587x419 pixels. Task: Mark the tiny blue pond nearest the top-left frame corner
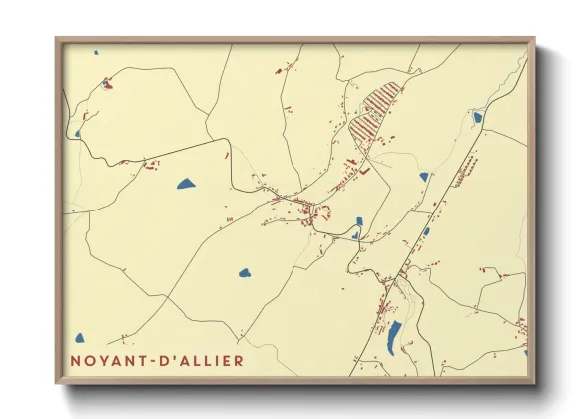coord(96,53)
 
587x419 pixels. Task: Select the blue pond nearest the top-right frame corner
coord(477,117)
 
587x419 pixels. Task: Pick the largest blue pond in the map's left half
coord(186,184)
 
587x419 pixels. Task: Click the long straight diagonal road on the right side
coord(439,200)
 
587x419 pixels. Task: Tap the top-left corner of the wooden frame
coord(57,39)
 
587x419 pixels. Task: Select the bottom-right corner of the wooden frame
coord(533,382)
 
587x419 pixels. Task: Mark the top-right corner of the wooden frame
coord(533,39)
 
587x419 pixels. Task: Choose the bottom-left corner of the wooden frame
coord(57,382)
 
